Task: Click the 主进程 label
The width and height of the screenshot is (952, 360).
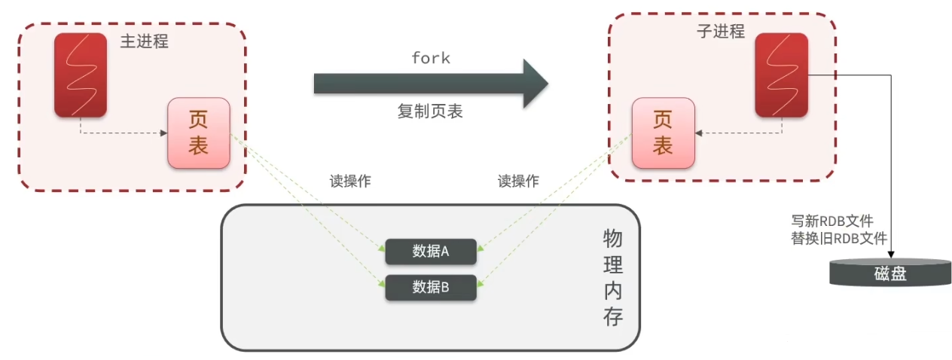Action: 144,41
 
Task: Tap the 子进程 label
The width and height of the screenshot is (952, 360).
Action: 721,32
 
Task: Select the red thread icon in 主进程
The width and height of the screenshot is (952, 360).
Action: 80,75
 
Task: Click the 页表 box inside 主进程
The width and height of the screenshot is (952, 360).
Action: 198,133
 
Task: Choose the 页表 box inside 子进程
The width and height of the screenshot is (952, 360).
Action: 662,133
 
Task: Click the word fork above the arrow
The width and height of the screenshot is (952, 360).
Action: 431,58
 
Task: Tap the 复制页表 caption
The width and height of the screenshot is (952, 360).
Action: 430,111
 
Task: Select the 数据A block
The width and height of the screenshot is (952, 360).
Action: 431,252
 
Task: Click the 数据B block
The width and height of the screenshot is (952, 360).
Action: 431,287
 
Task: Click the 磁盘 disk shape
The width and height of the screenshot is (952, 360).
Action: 890,272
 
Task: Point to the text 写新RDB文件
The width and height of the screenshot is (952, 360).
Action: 831,221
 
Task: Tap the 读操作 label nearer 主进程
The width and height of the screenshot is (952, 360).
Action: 350,182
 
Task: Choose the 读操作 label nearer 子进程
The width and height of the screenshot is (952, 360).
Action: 518,182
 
